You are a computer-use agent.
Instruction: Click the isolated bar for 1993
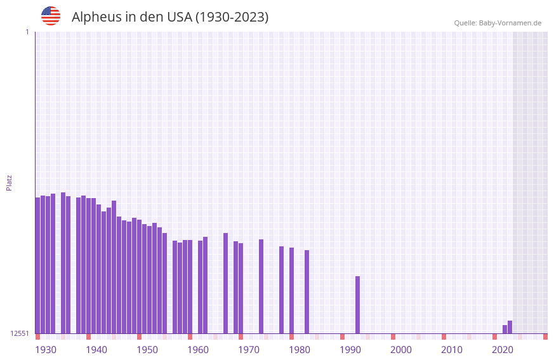click(x=357, y=305)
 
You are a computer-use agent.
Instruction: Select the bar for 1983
click(x=307, y=291)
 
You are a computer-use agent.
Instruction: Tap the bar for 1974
click(x=261, y=286)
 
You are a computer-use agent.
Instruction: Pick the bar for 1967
click(x=225, y=283)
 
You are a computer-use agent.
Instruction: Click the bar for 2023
click(x=510, y=327)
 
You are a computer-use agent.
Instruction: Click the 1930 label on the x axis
click(x=46, y=350)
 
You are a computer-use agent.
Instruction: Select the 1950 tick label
click(x=147, y=350)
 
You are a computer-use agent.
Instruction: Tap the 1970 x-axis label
click(x=249, y=350)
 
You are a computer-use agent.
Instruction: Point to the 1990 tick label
click(x=350, y=350)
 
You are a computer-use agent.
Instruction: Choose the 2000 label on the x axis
click(x=401, y=350)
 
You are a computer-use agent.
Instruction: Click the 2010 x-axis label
click(x=452, y=350)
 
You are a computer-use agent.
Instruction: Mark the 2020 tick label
click(x=503, y=350)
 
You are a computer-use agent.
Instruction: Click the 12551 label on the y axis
click(x=20, y=333)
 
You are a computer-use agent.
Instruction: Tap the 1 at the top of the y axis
click(x=27, y=32)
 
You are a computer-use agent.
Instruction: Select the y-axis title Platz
click(x=9, y=182)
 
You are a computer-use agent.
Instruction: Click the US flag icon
click(x=51, y=16)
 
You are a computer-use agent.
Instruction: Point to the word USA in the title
click(x=180, y=17)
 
